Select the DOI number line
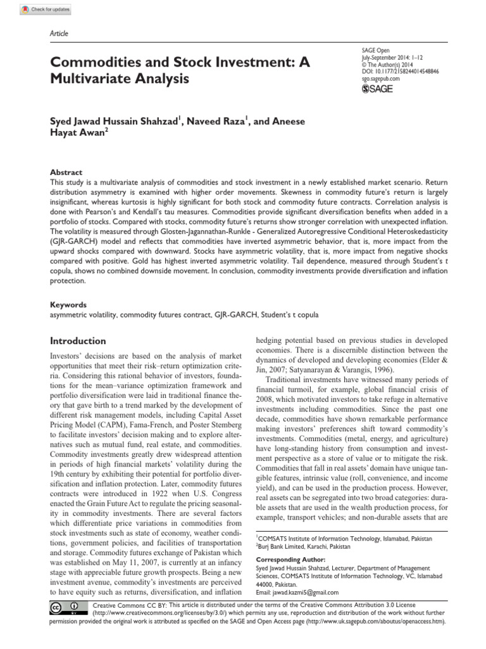(x=399, y=72)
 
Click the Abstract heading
(x=66, y=172)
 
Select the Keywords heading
(x=68, y=304)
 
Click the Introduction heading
(x=78, y=340)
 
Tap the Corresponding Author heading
(x=290, y=560)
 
